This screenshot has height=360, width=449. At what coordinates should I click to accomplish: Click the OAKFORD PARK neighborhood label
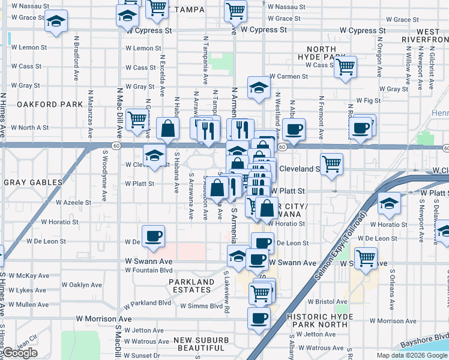[49, 104]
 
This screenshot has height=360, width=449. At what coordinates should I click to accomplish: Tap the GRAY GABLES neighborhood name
[33, 182]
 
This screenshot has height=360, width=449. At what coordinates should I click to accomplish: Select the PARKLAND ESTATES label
[191, 286]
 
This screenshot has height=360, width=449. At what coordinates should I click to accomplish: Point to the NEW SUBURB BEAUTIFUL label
[201, 344]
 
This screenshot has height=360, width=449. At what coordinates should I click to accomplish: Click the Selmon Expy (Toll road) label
[339, 247]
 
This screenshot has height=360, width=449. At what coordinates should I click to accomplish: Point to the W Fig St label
[368, 100]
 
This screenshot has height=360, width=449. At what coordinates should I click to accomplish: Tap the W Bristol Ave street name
[327, 302]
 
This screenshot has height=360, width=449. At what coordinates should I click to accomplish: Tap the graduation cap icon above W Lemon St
[56, 21]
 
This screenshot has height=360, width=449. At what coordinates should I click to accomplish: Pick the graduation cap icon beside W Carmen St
[258, 87]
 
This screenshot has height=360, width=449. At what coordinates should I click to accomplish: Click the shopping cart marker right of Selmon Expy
[366, 258]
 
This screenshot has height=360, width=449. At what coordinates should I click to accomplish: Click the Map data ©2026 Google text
[411, 355]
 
